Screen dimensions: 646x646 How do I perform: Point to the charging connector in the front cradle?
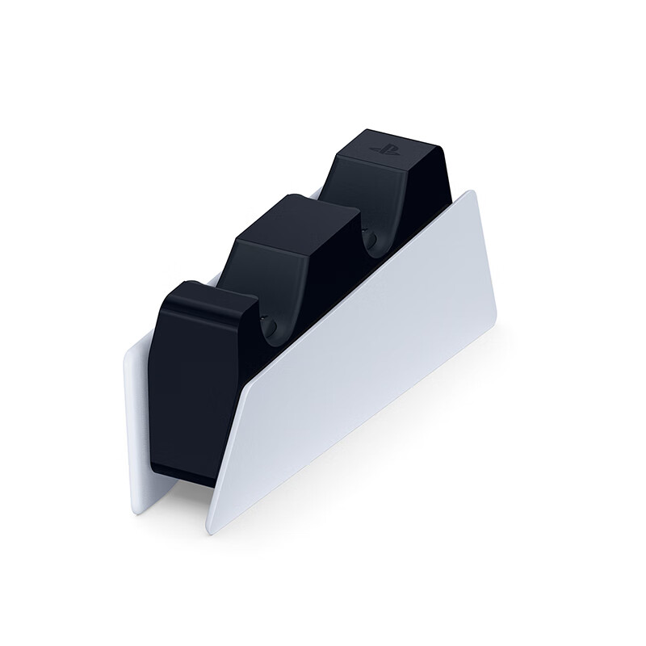271,326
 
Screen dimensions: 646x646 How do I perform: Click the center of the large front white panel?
363,363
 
